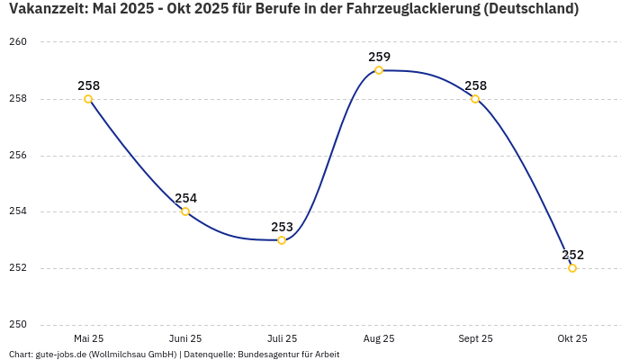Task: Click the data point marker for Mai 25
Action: (x=88, y=99)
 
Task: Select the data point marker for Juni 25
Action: (x=185, y=211)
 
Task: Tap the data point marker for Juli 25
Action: (x=282, y=240)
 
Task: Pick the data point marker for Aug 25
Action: (x=379, y=70)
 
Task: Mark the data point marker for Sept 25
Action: (x=475, y=99)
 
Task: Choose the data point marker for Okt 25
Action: (x=572, y=268)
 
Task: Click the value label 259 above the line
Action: (x=379, y=57)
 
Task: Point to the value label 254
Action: (x=185, y=198)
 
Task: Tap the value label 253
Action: (x=282, y=227)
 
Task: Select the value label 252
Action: (x=572, y=255)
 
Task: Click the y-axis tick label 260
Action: (x=19, y=42)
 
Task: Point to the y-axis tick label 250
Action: (x=19, y=325)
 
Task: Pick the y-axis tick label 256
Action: (x=19, y=156)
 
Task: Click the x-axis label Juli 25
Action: (x=282, y=339)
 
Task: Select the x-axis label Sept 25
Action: (x=475, y=339)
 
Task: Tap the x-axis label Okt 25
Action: (x=572, y=339)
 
